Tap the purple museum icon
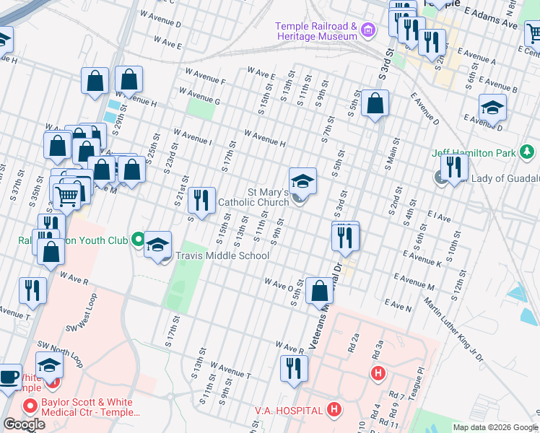click(369, 30)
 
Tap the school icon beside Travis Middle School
click(157, 244)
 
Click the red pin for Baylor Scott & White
click(30, 406)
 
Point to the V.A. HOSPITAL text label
click(288, 411)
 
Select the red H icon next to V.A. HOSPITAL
click(334, 410)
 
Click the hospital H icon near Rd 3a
click(377, 372)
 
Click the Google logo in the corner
click(24, 424)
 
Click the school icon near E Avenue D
click(492, 108)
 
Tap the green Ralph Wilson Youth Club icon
click(137, 240)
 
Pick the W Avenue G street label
click(197, 96)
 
